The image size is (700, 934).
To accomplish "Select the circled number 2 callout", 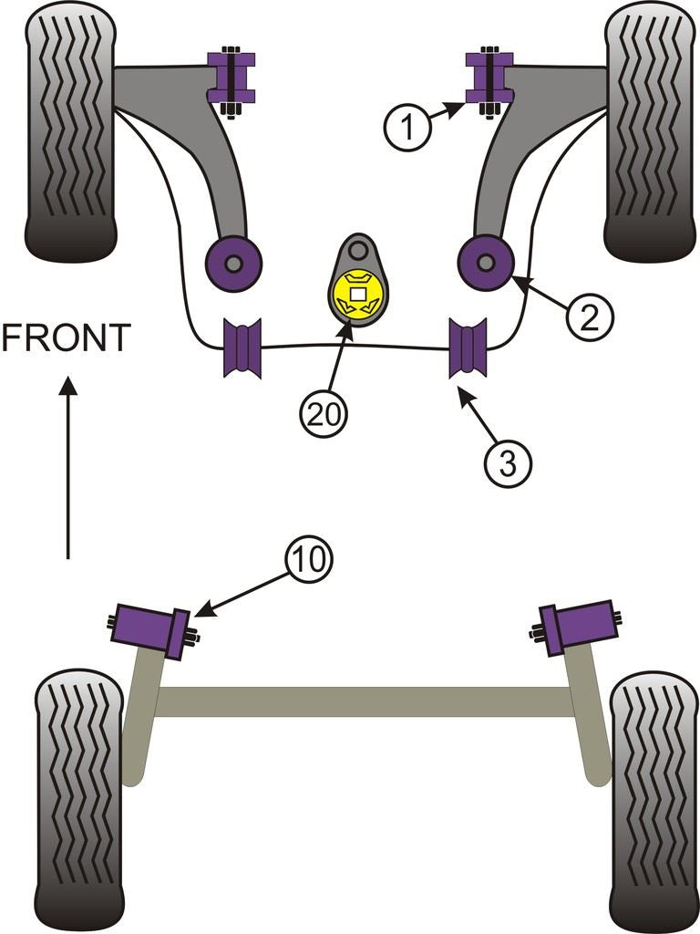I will click(x=588, y=316).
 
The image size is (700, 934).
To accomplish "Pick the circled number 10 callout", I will click(x=307, y=559).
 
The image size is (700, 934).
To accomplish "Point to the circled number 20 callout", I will click(x=324, y=414).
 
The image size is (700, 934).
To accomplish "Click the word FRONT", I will click(x=66, y=338).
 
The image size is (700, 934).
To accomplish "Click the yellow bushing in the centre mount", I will click(x=358, y=295).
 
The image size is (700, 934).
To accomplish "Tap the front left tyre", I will click(x=70, y=132).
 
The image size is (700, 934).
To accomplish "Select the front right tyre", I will click(x=649, y=132).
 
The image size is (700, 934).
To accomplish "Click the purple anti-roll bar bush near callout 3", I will click(x=468, y=348).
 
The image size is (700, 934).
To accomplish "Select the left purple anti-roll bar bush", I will click(x=242, y=348).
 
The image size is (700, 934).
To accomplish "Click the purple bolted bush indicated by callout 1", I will click(x=489, y=79).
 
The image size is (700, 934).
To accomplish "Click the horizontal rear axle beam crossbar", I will click(x=365, y=700).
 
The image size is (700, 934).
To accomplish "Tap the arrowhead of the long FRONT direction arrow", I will click(x=67, y=389).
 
